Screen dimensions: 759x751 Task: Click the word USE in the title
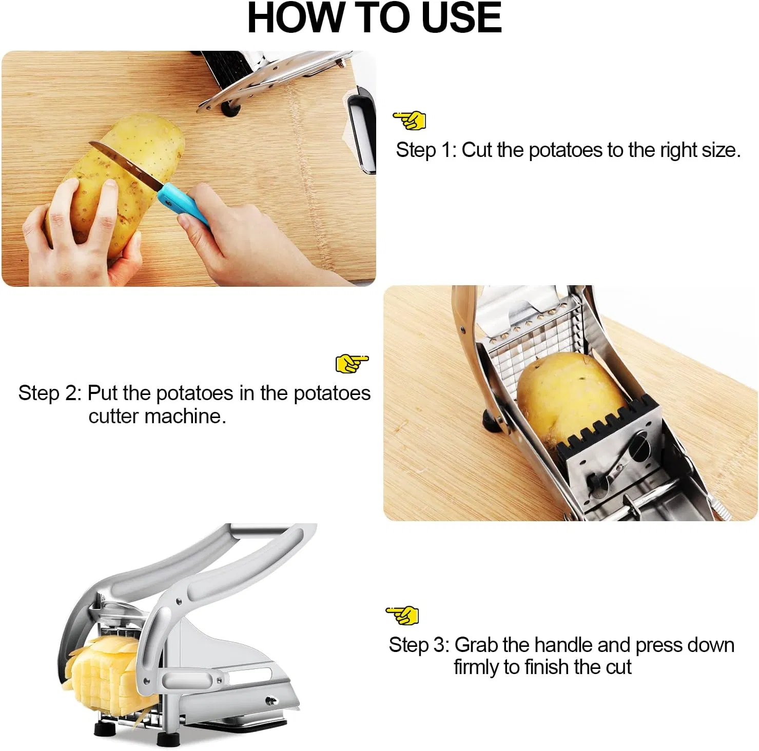click(x=461, y=18)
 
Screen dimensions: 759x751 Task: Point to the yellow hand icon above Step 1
click(x=410, y=121)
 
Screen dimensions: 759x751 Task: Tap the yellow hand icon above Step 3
click(x=402, y=615)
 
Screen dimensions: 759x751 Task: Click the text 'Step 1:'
click(x=426, y=150)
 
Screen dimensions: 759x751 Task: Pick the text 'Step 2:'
click(x=50, y=393)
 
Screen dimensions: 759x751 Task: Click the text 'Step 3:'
click(x=419, y=645)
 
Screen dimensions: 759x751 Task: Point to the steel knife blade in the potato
click(x=126, y=164)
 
